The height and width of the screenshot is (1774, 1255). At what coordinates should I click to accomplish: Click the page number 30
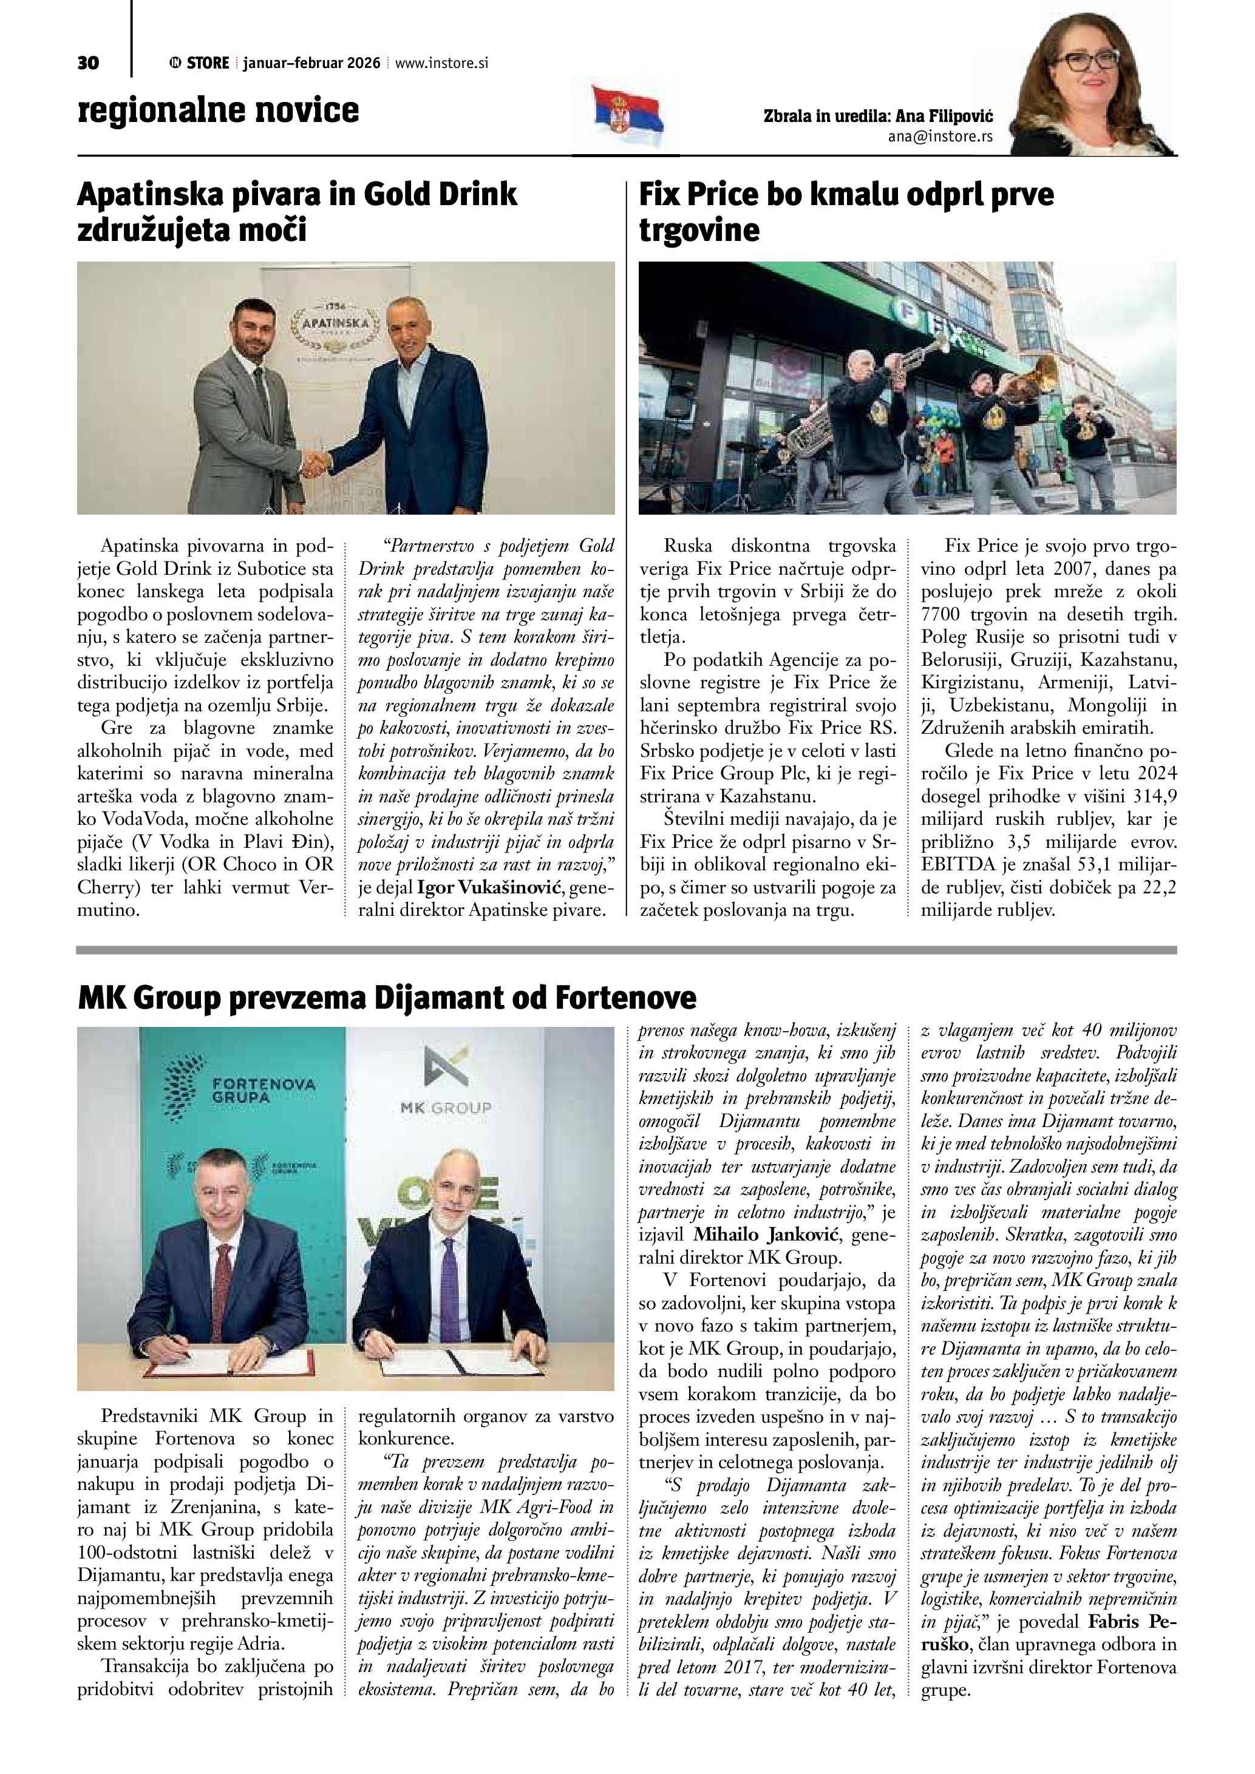[88, 63]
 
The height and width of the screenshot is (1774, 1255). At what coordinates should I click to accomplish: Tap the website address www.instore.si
[441, 63]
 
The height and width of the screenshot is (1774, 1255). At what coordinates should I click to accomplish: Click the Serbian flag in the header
[628, 116]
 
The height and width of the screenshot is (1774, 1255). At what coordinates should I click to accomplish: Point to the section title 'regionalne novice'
[218, 110]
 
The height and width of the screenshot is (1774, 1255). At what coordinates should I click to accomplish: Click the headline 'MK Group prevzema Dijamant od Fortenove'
[386, 998]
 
